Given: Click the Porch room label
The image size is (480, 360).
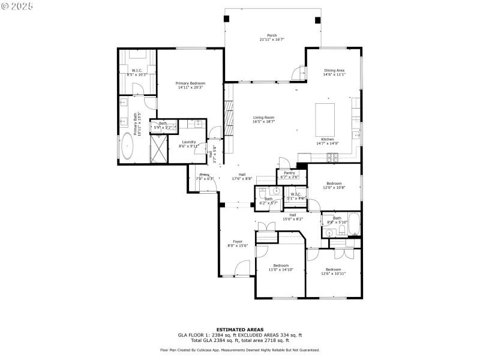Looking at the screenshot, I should [x=272, y=35].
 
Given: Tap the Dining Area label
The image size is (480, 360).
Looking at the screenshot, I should [x=334, y=70].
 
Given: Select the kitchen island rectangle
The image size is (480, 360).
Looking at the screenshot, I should [x=325, y=119].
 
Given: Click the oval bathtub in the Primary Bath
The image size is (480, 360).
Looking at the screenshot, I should [x=127, y=146].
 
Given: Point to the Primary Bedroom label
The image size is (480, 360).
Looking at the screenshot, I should [x=190, y=83].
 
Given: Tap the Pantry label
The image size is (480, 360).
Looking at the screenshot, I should [x=289, y=173].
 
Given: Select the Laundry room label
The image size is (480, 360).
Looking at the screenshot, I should [x=189, y=142].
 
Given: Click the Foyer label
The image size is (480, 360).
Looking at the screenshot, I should [x=238, y=241].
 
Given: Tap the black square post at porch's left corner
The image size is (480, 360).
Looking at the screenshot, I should [x=227, y=19].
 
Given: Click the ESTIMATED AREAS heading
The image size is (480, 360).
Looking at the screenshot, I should [x=239, y=329].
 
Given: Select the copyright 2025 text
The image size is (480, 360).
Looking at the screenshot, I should [x=17, y=5].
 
